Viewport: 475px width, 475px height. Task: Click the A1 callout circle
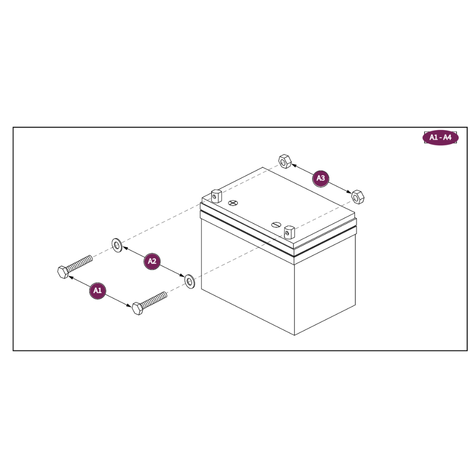[x=98, y=291]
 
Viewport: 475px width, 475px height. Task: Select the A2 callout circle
[x=152, y=261]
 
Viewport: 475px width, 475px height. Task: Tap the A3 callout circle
[x=321, y=179]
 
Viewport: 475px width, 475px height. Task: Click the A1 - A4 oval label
[x=440, y=138]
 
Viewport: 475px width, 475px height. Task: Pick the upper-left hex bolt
[x=75, y=267]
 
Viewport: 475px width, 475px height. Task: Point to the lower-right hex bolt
[x=150, y=303]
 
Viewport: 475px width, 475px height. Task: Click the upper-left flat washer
[x=117, y=245]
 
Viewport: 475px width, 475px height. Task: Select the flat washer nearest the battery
[x=190, y=281]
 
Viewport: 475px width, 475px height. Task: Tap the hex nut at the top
[x=285, y=161]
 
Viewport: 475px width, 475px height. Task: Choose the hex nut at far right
[x=358, y=197]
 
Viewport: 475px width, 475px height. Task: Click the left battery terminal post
[x=216, y=196]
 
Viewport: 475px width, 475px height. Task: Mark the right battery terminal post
[x=289, y=232]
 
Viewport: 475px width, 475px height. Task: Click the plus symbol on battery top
[x=233, y=203]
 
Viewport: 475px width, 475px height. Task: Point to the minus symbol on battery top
[x=276, y=225]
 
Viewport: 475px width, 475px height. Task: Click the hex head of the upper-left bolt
[x=63, y=272]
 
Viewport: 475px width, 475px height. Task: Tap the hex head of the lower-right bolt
[x=138, y=309]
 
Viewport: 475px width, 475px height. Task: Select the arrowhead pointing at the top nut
[x=294, y=165]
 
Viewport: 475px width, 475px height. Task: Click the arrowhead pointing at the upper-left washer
[x=125, y=248]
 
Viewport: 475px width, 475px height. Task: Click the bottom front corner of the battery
[x=294, y=335]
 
